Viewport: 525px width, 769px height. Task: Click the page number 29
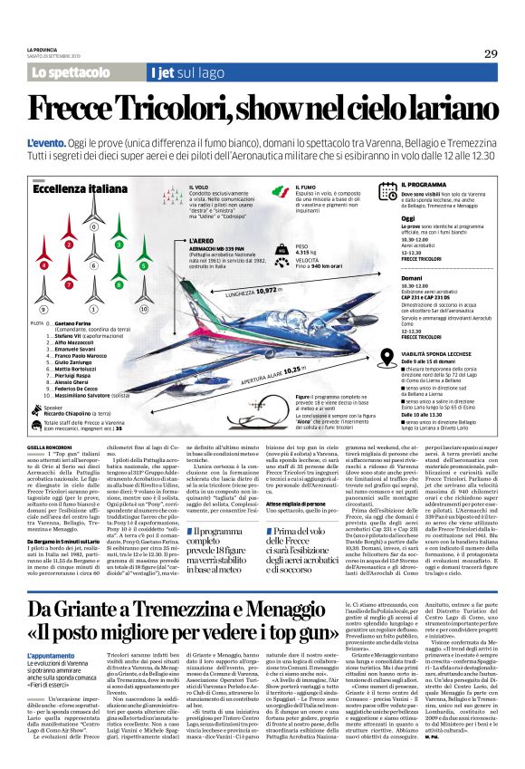[x=489, y=53]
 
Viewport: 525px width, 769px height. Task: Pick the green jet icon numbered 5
[x=144, y=265]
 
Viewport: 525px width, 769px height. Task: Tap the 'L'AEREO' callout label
[x=205, y=242]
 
